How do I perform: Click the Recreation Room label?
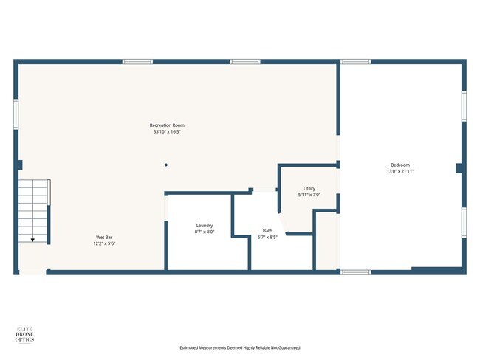coord(167,125)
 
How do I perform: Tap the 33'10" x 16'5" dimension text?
coord(167,132)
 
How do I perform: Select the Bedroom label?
coord(400,165)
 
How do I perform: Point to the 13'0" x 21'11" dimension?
coord(400,171)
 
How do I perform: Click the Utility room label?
coord(309,189)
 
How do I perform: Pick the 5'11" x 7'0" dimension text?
coord(309,195)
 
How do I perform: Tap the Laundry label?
coord(205,225)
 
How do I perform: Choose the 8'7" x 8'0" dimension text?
coord(205,232)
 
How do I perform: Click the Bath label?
coord(267,230)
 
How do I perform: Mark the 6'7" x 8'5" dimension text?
coord(267,237)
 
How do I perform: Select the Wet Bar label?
coord(103,237)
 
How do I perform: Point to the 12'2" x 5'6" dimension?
coord(103,243)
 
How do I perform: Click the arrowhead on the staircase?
coord(32,240)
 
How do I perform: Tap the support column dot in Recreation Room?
coord(166,165)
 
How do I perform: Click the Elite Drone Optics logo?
coord(27,334)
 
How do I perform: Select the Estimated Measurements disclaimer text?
coord(240,347)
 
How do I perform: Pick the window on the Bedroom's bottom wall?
coord(355,272)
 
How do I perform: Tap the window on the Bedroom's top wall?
coord(355,62)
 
